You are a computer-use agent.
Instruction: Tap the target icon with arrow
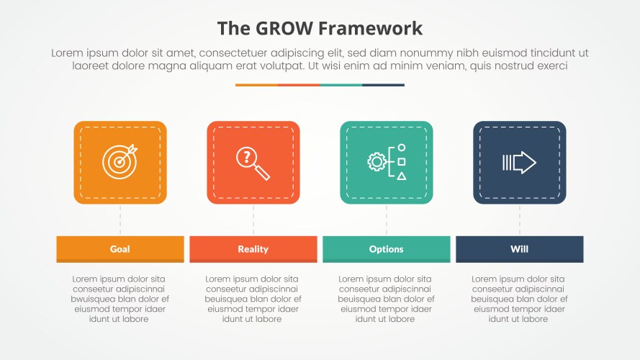tap(120, 162)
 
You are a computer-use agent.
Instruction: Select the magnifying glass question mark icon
tap(253, 163)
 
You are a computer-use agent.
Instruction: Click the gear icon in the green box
tap(376, 162)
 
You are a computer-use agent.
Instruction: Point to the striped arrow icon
tap(519, 163)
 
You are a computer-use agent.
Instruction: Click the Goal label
tap(120, 249)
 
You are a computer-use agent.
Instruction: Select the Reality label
tap(253, 249)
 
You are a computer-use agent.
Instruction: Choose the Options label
tap(386, 249)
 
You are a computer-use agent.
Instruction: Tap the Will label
tap(519, 249)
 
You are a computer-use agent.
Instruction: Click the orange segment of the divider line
tap(256, 85)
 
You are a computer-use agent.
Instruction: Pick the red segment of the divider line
tap(298, 85)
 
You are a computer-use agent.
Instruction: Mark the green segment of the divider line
tap(341, 85)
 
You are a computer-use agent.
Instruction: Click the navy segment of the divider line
tap(383, 85)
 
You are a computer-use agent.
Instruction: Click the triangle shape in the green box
tap(402, 176)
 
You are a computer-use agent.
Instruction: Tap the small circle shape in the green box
tap(402, 148)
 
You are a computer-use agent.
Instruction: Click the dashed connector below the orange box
tap(120, 220)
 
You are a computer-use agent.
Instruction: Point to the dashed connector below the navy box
tap(520, 220)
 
